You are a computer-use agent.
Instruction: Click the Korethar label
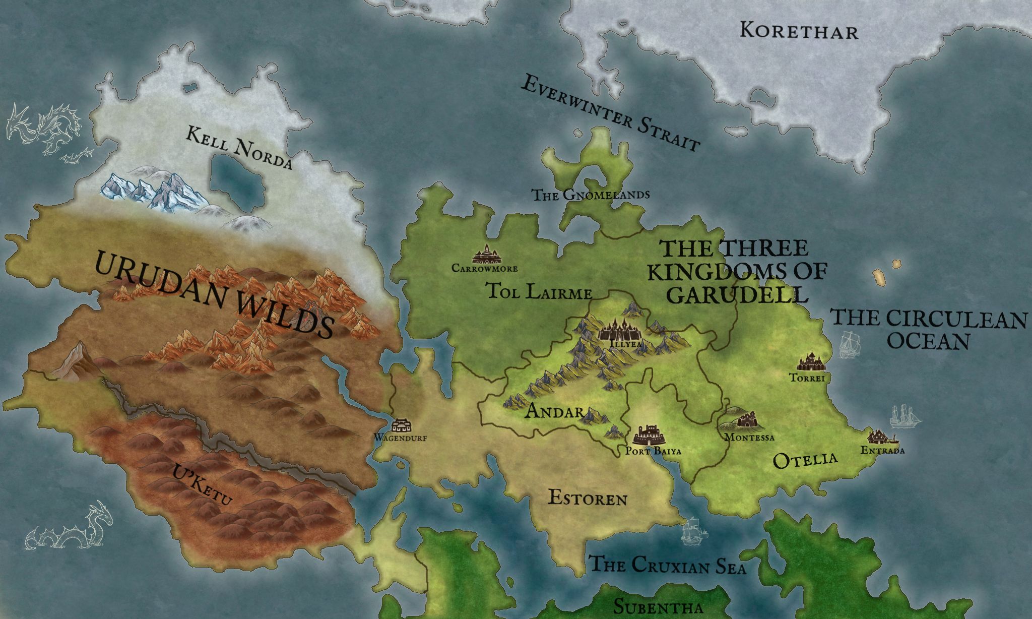pos(799,31)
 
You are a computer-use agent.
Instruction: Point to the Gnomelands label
pos(591,194)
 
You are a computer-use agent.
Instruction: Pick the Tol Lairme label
pos(539,292)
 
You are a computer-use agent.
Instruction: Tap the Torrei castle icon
pos(811,362)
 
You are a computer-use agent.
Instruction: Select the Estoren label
pos(588,499)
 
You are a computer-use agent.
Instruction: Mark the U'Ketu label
pos(202,486)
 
